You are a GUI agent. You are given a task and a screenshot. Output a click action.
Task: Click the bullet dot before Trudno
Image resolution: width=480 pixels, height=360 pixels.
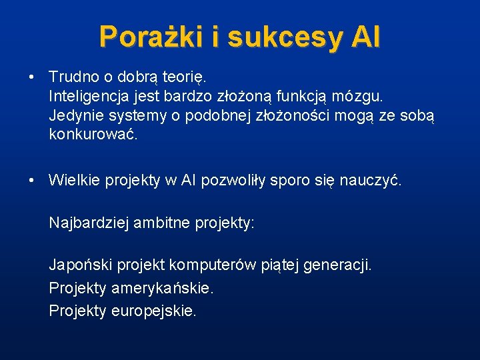pos(32,77)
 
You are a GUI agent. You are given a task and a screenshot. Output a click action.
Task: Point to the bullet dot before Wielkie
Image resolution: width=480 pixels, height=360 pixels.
pos(32,180)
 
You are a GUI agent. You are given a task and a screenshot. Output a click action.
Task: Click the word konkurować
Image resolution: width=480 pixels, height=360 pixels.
pos(93,135)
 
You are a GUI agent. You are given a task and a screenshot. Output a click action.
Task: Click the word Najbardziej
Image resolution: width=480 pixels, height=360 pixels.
pos(89,223)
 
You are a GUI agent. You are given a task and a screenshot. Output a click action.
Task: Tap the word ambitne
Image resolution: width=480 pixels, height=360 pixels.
pos(162,223)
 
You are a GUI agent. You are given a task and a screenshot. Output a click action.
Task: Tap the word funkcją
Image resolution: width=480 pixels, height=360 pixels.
pos(313,97)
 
